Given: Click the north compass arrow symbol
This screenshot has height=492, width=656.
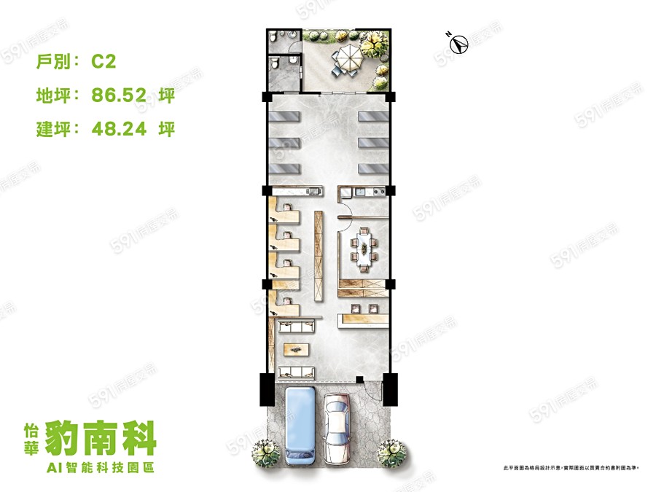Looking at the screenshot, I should [458, 43].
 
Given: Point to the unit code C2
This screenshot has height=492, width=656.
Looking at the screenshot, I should [104, 62].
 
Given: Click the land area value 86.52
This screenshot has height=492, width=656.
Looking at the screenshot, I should [120, 95].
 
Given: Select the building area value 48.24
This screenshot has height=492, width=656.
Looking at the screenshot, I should [120, 129].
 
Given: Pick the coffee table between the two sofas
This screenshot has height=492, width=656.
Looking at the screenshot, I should [297, 348].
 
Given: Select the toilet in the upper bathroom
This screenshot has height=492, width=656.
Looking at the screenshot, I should [272, 37].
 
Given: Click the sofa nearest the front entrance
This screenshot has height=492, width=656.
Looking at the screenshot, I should [297, 375].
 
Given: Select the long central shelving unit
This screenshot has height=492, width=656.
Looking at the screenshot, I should [319, 254].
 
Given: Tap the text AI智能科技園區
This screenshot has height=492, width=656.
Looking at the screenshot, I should [109, 466].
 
